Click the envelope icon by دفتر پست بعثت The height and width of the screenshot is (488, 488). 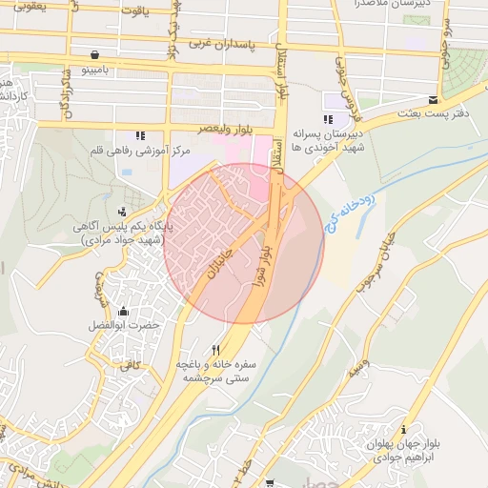pos(434,100)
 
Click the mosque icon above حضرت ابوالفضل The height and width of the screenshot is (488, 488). pos(123,312)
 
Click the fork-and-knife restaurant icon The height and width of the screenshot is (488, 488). pos(215,349)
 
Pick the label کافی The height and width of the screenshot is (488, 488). pos(129,363)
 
